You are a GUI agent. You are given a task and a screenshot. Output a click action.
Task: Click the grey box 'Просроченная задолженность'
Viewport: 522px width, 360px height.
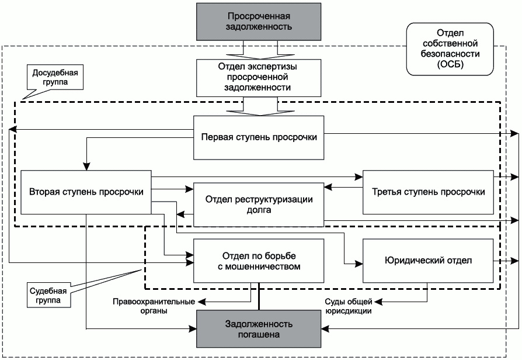tap(259, 22)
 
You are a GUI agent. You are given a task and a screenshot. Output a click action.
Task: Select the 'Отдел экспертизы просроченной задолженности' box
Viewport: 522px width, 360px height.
tap(259, 78)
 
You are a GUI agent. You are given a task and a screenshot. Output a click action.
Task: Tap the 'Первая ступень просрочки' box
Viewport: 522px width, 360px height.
tap(259, 138)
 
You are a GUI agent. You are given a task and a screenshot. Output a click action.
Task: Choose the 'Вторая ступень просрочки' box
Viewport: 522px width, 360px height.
tap(86, 192)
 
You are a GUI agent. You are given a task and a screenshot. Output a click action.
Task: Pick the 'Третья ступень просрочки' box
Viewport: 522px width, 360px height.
tap(428, 192)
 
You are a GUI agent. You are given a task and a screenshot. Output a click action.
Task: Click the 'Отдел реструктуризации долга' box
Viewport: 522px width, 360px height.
tap(259, 205)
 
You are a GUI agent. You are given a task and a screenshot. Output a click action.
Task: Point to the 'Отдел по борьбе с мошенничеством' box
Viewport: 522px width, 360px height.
tap(259, 261)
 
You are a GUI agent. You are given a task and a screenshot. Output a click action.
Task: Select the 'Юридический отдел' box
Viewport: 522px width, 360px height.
tap(428, 261)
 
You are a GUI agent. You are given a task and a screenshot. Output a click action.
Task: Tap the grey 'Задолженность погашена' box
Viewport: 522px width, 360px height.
tap(259, 329)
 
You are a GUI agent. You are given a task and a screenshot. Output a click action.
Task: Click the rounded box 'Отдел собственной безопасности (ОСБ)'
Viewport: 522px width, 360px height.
tap(450, 49)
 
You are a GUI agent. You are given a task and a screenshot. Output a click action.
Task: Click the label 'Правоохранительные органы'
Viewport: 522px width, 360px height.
tap(154, 306)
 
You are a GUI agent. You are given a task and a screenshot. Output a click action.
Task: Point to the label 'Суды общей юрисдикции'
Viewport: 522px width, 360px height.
tap(349, 306)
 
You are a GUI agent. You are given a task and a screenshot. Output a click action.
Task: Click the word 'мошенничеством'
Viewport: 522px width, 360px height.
tap(259, 266)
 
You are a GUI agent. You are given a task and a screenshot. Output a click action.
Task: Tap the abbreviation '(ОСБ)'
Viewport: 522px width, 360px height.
tap(450, 64)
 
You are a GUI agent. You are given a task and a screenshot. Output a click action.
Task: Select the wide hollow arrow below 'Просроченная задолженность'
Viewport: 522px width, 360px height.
tap(260, 50)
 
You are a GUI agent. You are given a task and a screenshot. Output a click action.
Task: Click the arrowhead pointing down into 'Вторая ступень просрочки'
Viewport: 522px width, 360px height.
tap(86, 167)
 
